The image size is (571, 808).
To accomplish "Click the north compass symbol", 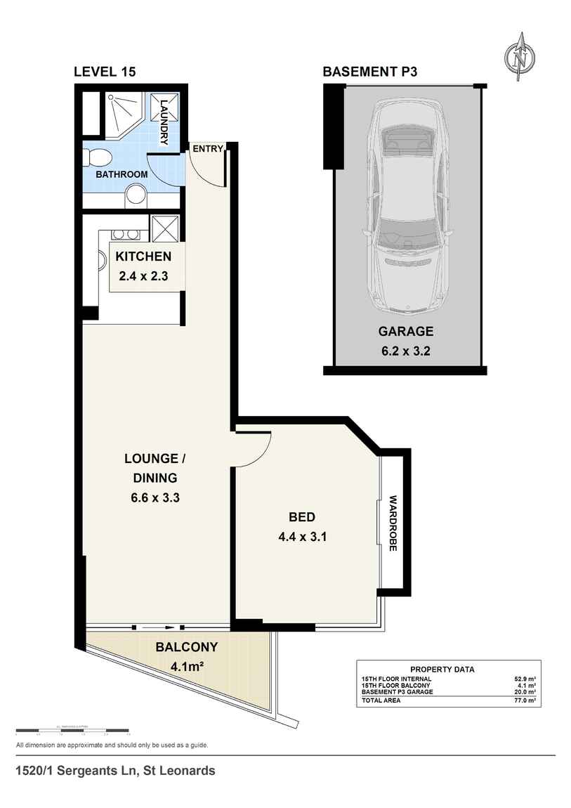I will (520, 57).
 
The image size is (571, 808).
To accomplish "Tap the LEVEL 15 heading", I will (105, 72).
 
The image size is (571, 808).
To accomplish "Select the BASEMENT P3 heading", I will (369, 72).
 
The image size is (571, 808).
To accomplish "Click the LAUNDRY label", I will (164, 122).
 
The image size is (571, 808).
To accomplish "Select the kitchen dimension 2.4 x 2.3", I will (143, 276).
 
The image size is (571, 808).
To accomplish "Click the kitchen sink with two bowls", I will (125, 235).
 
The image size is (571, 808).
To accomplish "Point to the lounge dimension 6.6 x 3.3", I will (154, 497).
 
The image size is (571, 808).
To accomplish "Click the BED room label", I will (302, 518).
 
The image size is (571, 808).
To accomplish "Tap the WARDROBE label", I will (393, 524).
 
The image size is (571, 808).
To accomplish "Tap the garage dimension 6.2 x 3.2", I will (406, 351).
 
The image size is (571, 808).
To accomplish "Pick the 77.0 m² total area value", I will (525, 701).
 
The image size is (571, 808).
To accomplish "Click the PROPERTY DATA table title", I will (442, 670).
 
